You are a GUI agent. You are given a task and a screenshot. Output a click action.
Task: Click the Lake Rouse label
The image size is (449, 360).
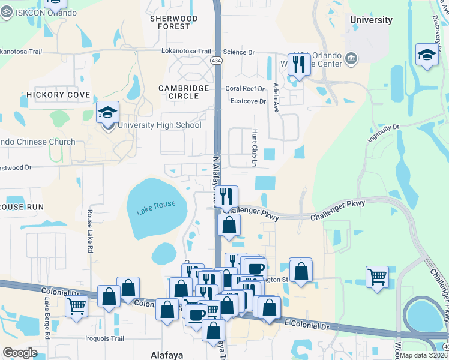156,207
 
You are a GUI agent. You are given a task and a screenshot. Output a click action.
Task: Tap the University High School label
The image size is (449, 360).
159,125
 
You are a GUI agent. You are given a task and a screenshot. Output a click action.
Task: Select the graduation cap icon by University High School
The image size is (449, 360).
108,112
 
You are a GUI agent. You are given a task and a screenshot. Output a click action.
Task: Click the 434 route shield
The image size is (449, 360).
216,61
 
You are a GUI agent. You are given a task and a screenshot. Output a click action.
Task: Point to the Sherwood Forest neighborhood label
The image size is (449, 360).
173,22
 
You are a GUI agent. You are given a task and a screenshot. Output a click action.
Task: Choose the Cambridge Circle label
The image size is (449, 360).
184,92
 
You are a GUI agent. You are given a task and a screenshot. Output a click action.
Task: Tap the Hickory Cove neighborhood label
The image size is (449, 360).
58,95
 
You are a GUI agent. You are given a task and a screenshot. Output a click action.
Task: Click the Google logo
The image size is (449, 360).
20,352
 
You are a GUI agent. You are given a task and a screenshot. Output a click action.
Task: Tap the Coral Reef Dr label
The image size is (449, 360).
245,88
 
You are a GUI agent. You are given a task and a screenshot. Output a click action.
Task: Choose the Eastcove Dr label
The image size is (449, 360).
247,101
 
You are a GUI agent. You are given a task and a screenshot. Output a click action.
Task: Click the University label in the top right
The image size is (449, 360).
371,20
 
